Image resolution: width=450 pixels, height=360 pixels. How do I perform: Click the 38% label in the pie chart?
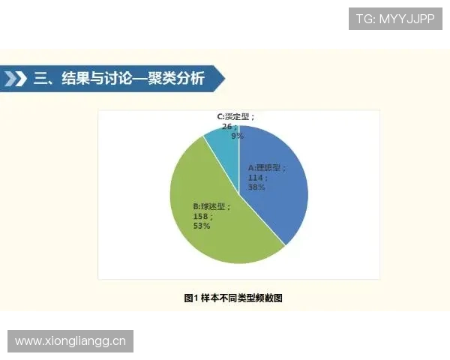(x=257, y=188)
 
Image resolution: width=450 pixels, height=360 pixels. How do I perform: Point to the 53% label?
(x=201, y=226)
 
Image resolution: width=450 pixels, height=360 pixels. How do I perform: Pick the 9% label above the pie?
(x=237, y=136)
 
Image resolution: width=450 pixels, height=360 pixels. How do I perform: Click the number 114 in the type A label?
(x=256, y=178)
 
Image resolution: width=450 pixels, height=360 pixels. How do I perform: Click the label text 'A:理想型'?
(x=263, y=168)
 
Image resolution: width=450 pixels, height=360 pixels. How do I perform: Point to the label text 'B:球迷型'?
(x=210, y=205)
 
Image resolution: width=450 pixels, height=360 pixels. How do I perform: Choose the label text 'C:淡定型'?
(x=235, y=117)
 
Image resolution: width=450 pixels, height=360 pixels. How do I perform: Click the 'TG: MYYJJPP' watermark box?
(x=395, y=18)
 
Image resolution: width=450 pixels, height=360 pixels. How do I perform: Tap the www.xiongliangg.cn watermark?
(x=71, y=341)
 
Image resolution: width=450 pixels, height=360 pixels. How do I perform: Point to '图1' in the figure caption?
(x=190, y=298)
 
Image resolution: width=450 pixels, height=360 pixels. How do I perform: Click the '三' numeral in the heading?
(x=42, y=79)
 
